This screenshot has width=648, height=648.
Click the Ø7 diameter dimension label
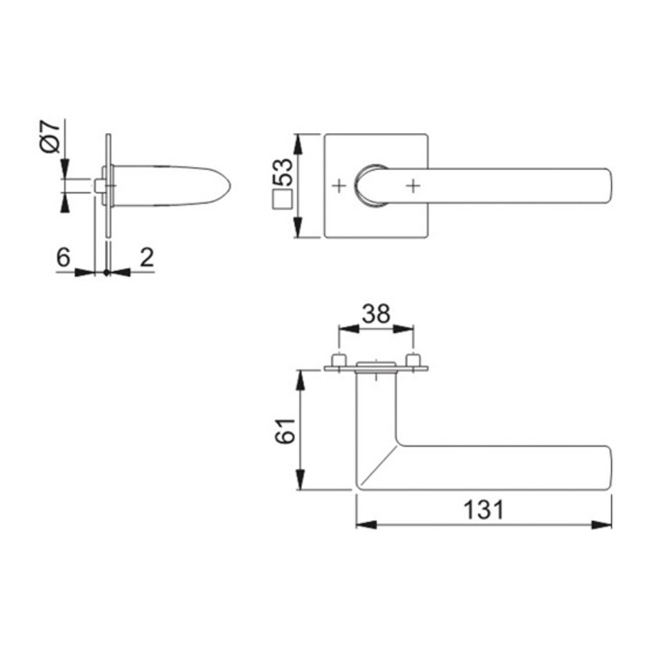tap(51, 137)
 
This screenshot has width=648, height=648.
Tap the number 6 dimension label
tap(64, 257)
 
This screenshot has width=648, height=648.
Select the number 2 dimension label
tap(147, 257)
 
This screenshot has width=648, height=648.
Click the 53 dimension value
tap(283, 172)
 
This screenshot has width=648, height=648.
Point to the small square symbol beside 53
tap(283, 201)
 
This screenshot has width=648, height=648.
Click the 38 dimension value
tap(376, 314)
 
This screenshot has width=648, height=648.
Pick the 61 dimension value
tap(285, 431)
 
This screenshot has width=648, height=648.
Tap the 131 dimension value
tap(484, 509)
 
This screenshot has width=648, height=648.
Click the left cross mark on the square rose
tap(339, 186)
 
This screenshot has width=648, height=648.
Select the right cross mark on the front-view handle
tap(413, 186)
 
